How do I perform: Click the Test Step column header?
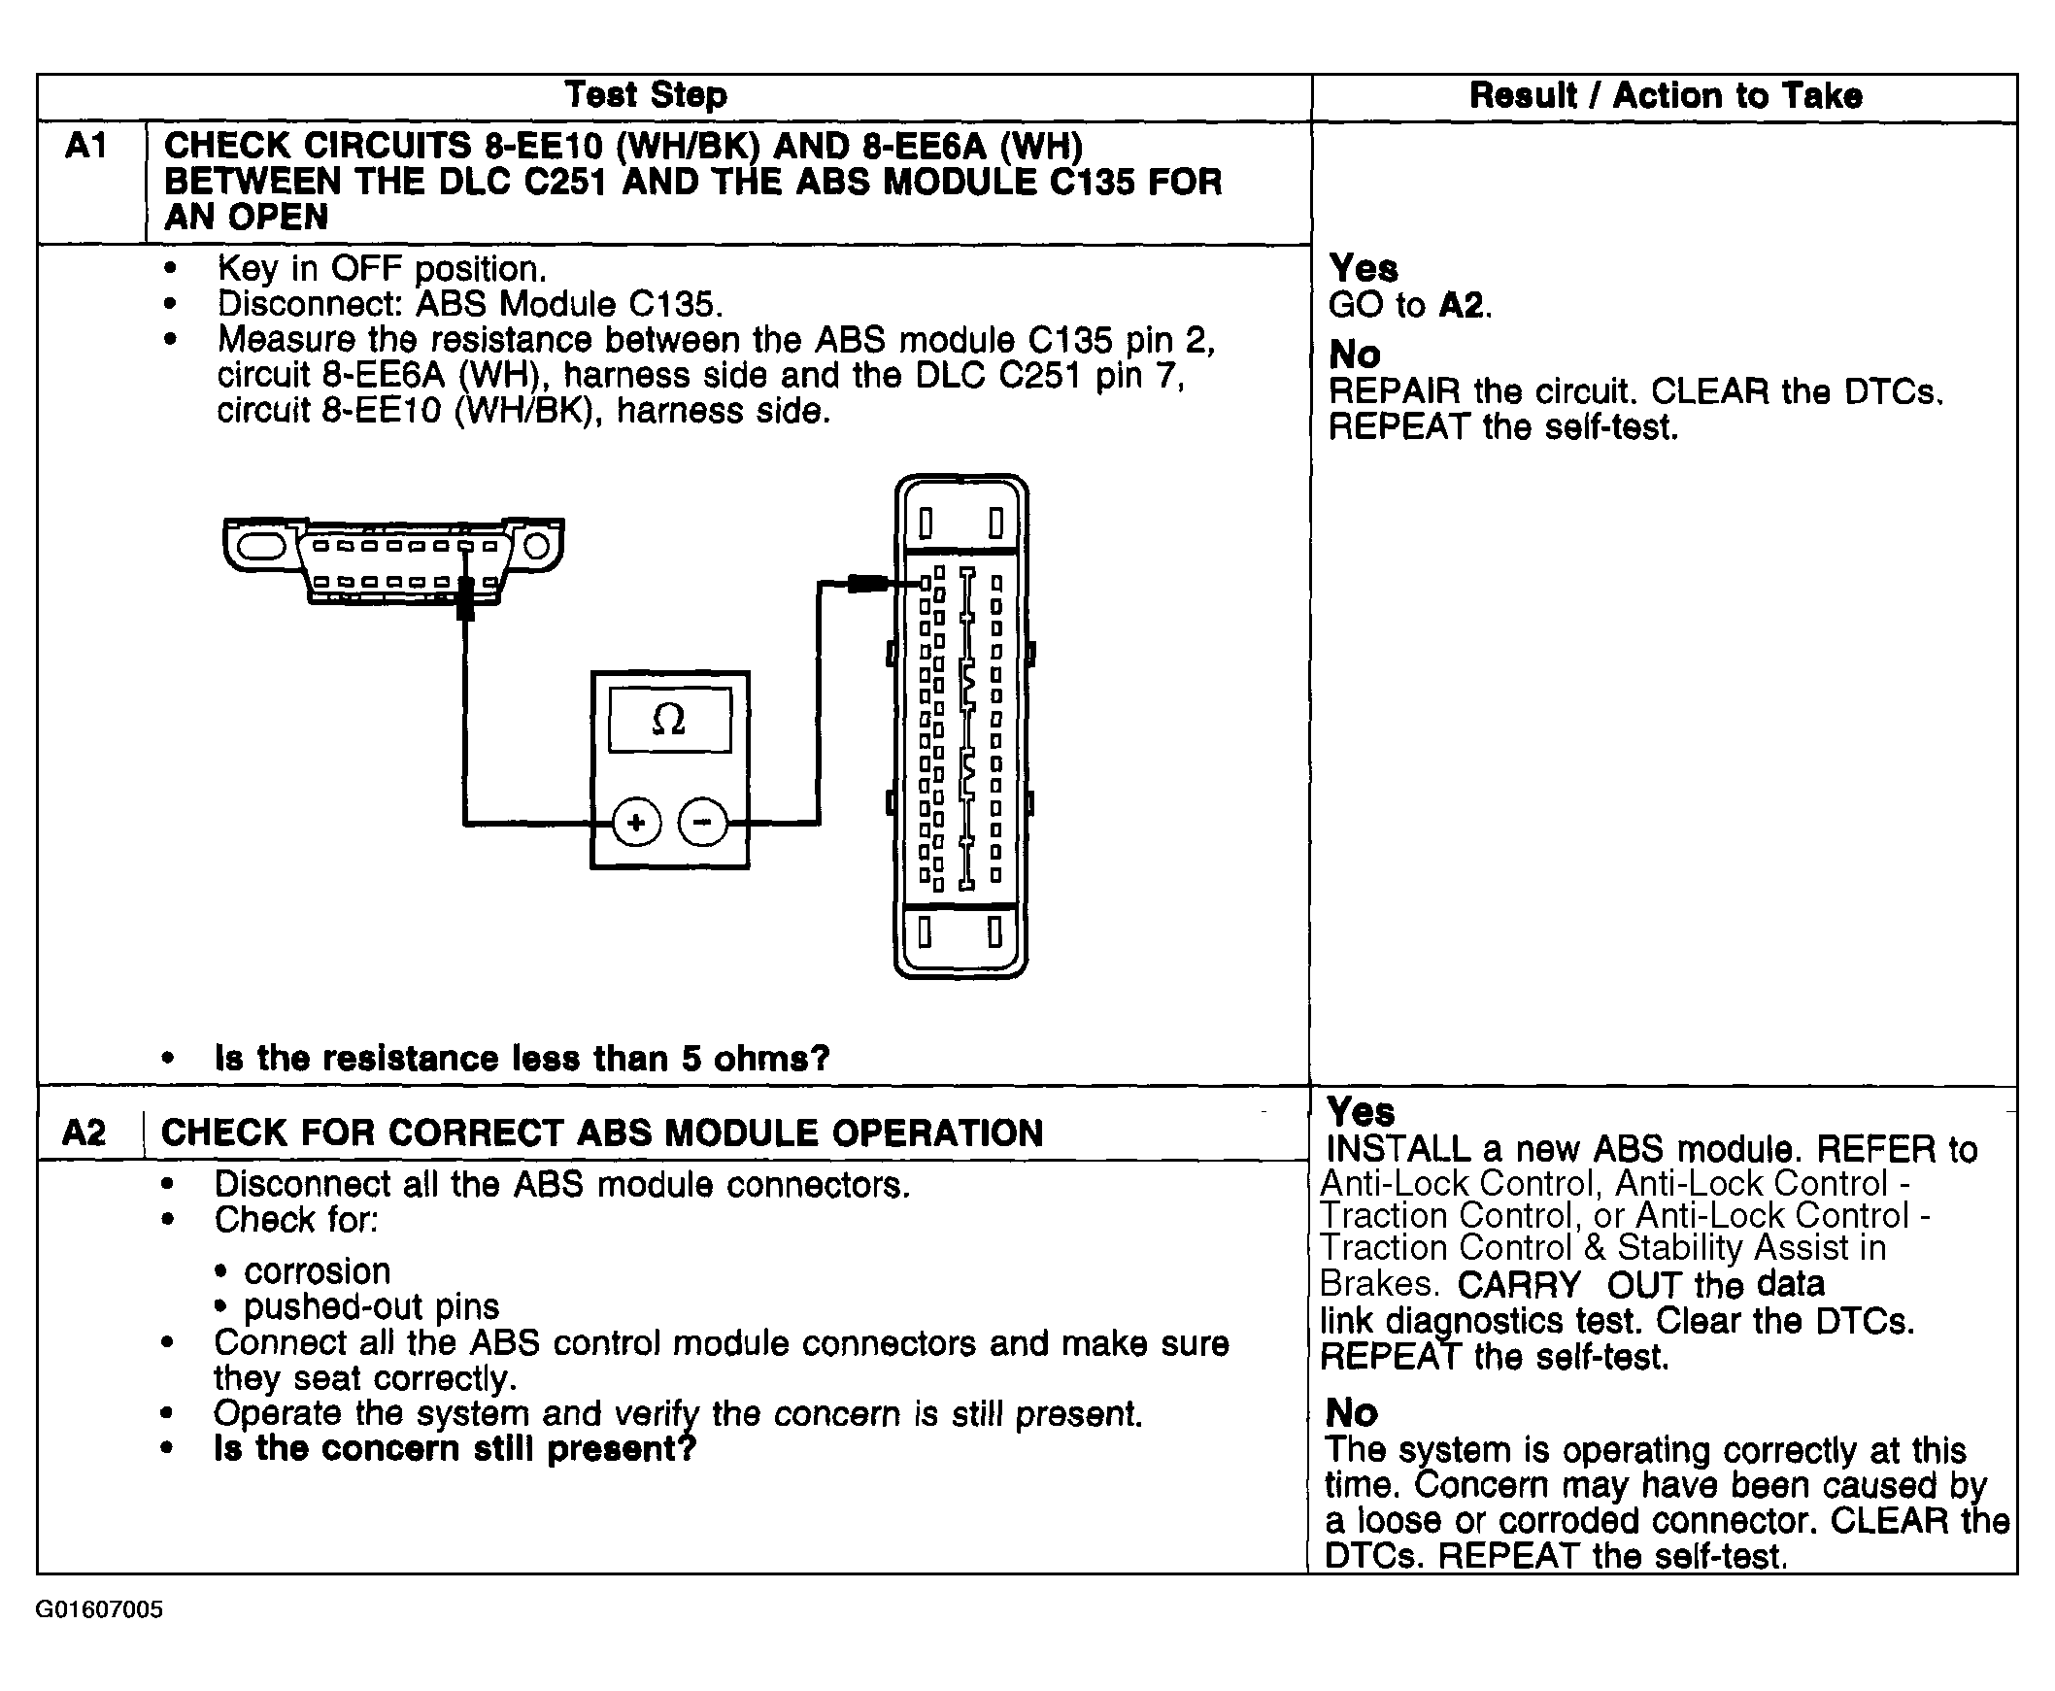[x=646, y=95]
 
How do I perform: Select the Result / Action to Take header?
[x=1666, y=96]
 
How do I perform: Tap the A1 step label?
[x=85, y=147]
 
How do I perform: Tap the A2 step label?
[x=84, y=1133]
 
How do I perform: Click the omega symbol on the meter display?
[x=669, y=720]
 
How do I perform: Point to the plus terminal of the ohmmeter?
[x=636, y=823]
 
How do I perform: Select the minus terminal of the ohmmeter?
[x=702, y=823]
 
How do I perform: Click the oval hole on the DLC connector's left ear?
[x=259, y=547]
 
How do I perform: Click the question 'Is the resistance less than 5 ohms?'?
[x=522, y=1059]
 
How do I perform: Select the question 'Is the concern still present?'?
[x=455, y=1449]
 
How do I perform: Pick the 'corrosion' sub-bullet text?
[x=318, y=1272]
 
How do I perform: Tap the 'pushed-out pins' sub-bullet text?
[x=371, y=1307]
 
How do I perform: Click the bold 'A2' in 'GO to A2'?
[x=1461, y=306]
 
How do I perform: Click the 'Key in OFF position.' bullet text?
[x=382, y=269]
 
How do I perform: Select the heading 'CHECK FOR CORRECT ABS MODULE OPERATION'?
[x=602, y=1133]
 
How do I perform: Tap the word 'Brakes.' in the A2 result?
[x=1378, y=1284]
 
